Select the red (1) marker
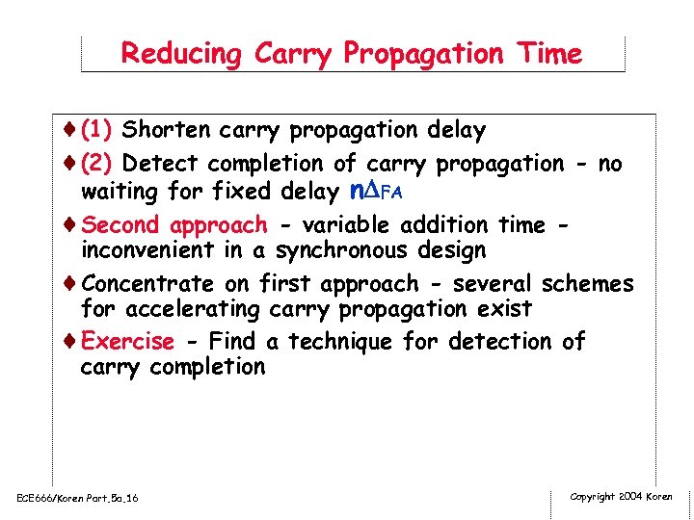tap(99, 129)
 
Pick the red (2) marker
tap(99, 165)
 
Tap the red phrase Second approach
tap(174, 225)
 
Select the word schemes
tap(587, 284)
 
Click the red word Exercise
tap(128, 342)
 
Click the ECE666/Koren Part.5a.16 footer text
tap(77, 498)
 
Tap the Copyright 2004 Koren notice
tap(621, 497)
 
